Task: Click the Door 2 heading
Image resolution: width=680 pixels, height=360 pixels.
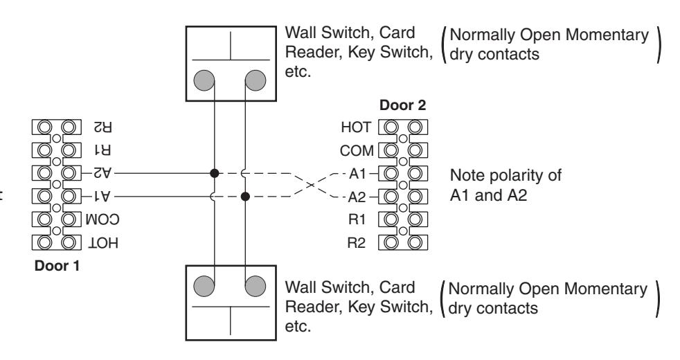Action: tap(402, 105)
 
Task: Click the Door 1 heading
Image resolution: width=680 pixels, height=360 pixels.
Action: tap(57, 265)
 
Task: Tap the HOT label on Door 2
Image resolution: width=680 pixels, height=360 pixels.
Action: tap(356, 127)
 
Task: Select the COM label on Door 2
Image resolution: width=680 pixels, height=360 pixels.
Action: tap(357, 150)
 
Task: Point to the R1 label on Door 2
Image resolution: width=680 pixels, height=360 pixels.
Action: tap(357, 219)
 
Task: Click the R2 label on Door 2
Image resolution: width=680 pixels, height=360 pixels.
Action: tap(357, 243)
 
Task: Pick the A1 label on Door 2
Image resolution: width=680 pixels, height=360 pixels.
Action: tap(358, 174)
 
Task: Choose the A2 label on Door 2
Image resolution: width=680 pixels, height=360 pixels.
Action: tap(357, 197)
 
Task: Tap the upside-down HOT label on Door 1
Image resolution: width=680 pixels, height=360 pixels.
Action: tap(103, 243)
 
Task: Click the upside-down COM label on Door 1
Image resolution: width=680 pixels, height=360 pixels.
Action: tap(102, 219)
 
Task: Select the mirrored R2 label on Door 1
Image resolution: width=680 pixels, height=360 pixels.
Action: tap(102, 127)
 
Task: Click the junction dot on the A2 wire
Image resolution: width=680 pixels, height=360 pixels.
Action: tap(214, 174)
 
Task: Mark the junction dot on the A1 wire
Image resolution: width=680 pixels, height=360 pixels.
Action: tap(245, 197)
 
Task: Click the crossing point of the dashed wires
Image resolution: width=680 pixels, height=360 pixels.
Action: tap(310, 186)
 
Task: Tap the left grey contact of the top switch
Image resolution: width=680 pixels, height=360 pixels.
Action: tap(204, 80)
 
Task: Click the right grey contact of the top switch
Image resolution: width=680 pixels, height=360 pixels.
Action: tap(256, 80)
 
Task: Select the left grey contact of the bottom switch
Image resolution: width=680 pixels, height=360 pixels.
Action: tap(204, 286)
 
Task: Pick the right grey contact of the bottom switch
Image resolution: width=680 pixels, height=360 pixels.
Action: tap(256, 286)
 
